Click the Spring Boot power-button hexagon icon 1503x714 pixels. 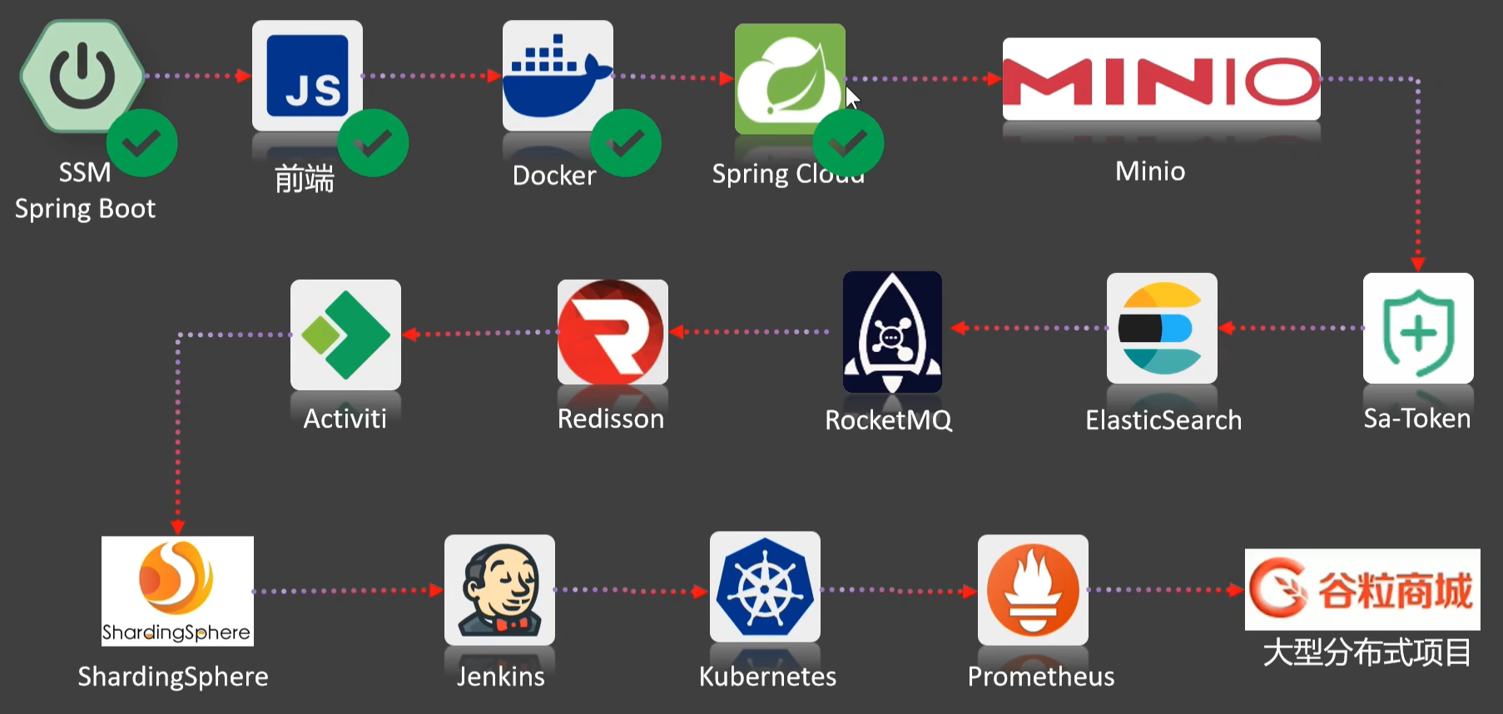pyautogui.click(x=82, y=76)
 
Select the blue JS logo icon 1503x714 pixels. pyautogui.click(x=307, y=76)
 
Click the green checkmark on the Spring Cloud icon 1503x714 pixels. pyautogui.click(x=847, y=144)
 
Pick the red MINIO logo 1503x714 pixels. pyautogui.click(x=1161, y=80)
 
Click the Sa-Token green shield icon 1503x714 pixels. pyautogui.click(x=1418, y=329)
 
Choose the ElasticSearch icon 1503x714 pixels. pyautogui.click(x=1162, y=329)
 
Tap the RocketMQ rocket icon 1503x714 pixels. pyautogui.click(x=892, y=332)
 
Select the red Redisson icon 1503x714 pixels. pyautogui.click(x=613, y=332)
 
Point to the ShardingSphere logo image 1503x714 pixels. pyautogui.click(x=177, y=591)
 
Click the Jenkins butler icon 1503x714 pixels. pyautogui.click(x=499, y=590)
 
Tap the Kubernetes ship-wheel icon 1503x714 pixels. pyautogui.click(x=765, y=588)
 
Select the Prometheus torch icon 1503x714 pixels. pyautogui.click(x=1033, y=590)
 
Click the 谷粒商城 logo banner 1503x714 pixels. pyautogui.click(x=1362, y=589)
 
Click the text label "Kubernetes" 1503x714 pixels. pyautogui.click(x=767, y=677)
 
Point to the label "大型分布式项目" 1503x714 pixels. pyautogui.click(x=1367, y=652)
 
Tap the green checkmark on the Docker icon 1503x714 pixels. pyautogui.click(x=626, y=143)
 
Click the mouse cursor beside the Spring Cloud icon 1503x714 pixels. pyautogui.click(x=851, y=97)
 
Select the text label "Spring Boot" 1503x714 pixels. pyautogui.click(x=85, y=208)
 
